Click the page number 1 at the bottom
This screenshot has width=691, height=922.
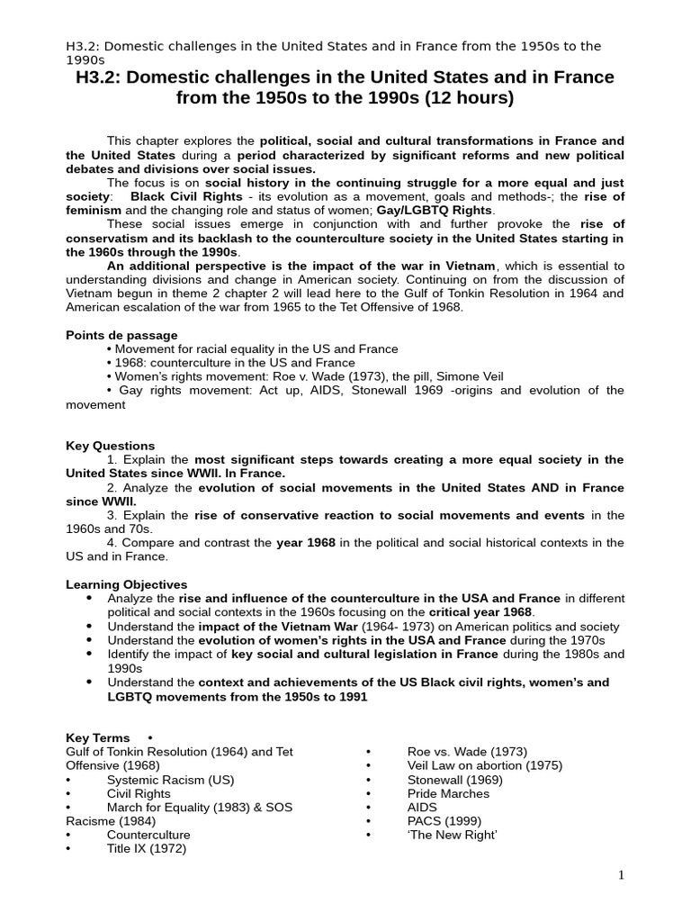(x=621, y=875)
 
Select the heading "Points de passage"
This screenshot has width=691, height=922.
(x=121, y=335)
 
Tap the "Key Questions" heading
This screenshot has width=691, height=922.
(x=110, y=446)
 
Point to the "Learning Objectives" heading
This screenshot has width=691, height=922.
(x=126, y=584)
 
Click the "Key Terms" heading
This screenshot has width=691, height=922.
(x=97, y=737)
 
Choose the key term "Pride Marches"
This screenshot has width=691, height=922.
(x=448, y=793)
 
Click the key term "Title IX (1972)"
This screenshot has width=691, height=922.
(x=146, y=848)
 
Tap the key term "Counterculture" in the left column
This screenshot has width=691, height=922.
(x=148, y=835)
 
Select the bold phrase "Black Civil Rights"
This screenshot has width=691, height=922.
(x=186, y=196)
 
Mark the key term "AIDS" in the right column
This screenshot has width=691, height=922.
(x=422, y=808)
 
